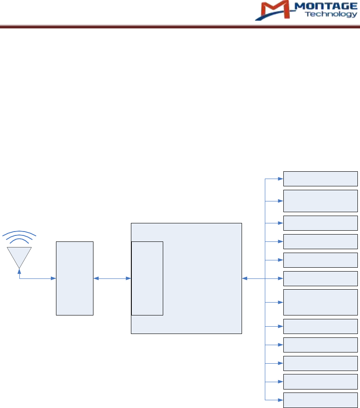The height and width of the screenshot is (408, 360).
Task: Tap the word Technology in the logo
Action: tap(331, 14)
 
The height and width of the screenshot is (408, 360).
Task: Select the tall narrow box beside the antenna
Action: tap(74, 278)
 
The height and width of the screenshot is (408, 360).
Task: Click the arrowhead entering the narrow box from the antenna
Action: tap(54, 278)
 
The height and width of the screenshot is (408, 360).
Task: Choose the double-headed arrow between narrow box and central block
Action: tap(112, 278)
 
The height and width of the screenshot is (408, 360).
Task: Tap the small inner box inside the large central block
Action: tap(147, 278)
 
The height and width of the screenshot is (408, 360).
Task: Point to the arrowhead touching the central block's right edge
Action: tap(245, 278)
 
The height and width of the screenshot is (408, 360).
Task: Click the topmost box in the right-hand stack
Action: tap(320, 178)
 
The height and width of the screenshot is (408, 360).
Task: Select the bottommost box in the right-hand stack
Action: tap(320, 400)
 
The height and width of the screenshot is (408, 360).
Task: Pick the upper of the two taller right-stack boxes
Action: tap(320, 201)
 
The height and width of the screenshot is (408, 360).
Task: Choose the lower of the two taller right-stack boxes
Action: tap(320, 302)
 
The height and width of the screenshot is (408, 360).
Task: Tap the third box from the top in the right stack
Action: tap(320, 223)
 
